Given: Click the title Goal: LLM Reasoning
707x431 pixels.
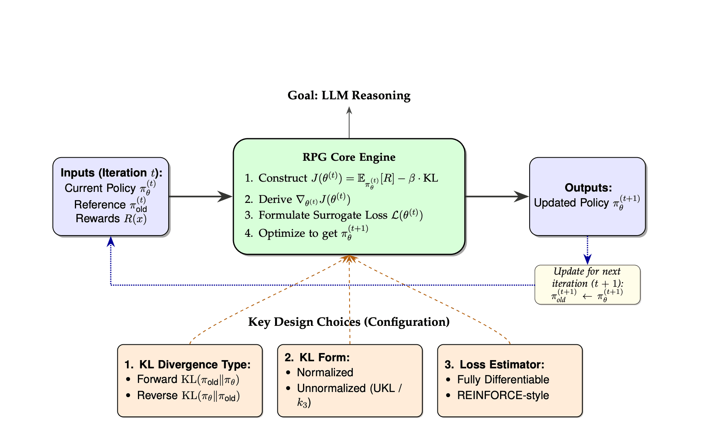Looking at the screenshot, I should pos(349,95).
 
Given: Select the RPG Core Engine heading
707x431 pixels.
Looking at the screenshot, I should pos(349,157).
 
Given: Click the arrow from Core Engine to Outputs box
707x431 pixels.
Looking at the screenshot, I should pos(497,196).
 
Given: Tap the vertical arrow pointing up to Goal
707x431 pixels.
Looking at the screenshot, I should pos(349,122).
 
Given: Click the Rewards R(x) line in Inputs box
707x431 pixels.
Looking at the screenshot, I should pos(111,219).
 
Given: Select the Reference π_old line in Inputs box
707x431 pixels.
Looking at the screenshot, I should pos(111,204).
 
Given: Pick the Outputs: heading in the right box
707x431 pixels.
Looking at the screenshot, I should pos(588,188).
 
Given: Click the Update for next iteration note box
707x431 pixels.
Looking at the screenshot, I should pos(587,284).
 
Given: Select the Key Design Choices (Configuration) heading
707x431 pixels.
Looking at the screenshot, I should pos(349,322).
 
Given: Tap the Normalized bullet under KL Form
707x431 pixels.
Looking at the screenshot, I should pos(325,372).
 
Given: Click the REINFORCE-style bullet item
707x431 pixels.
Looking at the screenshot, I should pos(503,396).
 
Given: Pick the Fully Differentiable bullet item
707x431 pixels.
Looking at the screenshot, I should pos(503,379).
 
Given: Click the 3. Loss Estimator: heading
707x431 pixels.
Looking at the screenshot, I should pos(495,364).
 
